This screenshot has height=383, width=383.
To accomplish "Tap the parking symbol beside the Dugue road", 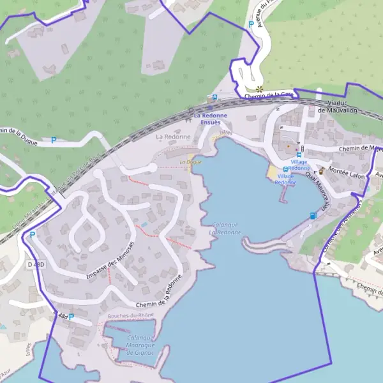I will [x=54, y=140].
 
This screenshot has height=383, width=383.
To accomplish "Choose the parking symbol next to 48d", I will [x=71, y=317].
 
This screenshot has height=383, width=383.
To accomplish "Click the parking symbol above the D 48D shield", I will [x=32, y=236].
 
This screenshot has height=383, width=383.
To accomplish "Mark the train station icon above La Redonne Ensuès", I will [x=215, y=98].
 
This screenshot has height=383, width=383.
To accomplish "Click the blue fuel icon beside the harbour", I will [x=312, y=216].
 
